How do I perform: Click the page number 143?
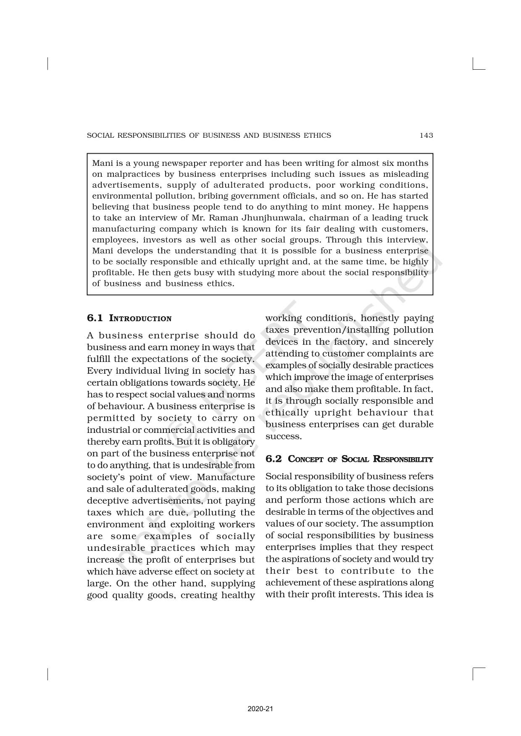[426, 135]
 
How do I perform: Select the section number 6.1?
[95, 318]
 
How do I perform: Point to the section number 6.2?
[274, 459]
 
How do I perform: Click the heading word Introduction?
[140, 319]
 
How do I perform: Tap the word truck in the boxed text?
[417, 218]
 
